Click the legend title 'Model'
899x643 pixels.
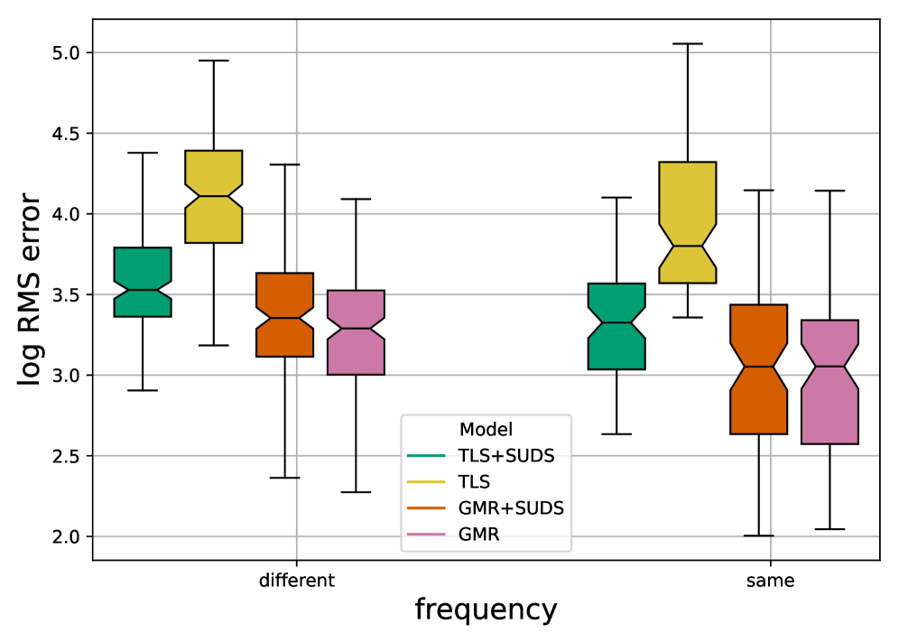tap(486, 428)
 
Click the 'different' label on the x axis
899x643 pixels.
tap(297, 581)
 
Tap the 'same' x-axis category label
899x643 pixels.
tap(771, 581)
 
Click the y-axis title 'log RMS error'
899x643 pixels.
tap(30, 290)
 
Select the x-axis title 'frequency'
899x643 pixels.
tap(486, 610)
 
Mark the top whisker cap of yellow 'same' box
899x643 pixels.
tap(688, 43)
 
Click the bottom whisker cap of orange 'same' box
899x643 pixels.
tap(759, 536)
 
